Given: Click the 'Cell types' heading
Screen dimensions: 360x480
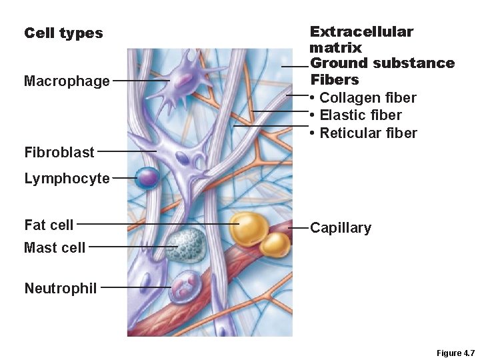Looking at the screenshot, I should pos(63,33).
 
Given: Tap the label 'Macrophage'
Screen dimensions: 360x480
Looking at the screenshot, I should pos(67,81).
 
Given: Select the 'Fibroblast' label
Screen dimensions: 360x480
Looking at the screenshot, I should pos(59,152).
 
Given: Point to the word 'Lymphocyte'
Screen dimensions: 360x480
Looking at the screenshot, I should pos(67,179).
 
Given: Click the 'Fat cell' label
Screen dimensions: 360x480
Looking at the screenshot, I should pos(49,225).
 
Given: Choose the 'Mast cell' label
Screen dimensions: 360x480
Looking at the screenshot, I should pos(55,247).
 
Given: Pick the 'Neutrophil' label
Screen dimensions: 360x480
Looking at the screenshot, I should pos(60,288).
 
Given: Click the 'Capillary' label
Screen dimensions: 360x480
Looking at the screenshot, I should pos(340,228).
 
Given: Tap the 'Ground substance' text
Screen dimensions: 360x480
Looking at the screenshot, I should pos(383,63).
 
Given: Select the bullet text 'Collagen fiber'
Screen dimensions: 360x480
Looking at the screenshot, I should pos(368,98).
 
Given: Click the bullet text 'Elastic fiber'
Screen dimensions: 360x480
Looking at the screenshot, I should pos(361,115).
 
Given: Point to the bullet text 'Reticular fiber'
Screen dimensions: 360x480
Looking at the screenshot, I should pos(368,133).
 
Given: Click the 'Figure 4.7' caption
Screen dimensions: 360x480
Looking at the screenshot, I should pos(455,353).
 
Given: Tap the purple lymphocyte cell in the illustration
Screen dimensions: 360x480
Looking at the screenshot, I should pos(148,177).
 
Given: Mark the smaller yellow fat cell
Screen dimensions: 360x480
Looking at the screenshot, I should pos(275,244).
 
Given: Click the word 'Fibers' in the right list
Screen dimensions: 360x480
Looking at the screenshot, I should pos(335,80).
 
